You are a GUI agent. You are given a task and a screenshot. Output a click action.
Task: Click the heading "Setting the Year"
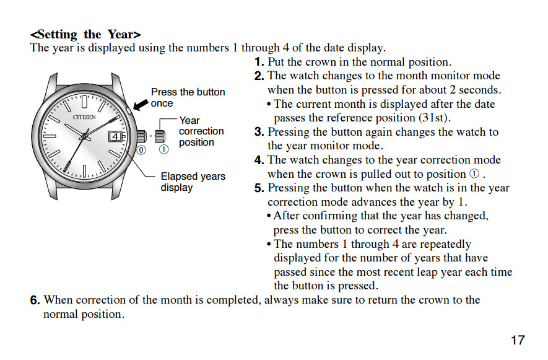tap(85, 34)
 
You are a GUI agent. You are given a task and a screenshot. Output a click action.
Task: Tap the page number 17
tap(518, 340)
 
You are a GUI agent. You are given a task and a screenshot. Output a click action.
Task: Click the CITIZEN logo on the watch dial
tap(84, 117)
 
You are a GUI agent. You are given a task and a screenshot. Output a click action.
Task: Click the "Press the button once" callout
tap(188, 98)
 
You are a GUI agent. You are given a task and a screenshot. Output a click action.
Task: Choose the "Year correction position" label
tap(201, 131)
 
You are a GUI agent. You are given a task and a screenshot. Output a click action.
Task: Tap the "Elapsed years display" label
tap(193, 182)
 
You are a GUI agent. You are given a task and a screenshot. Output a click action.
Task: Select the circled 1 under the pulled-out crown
tap(163, 149)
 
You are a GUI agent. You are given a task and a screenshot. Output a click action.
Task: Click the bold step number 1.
tap(259, 62)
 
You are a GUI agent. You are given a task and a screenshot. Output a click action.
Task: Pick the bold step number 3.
tap(259, 132)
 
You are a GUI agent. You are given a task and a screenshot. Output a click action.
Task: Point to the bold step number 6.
tap(36, 301)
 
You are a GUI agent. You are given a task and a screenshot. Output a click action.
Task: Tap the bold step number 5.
tap(259, 188)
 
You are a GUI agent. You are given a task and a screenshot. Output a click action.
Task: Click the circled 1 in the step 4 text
tap(475, 174)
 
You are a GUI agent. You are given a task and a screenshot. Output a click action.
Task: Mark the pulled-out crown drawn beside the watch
tap(160, 136)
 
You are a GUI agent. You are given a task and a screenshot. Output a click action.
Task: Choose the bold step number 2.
tap(259, 76)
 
